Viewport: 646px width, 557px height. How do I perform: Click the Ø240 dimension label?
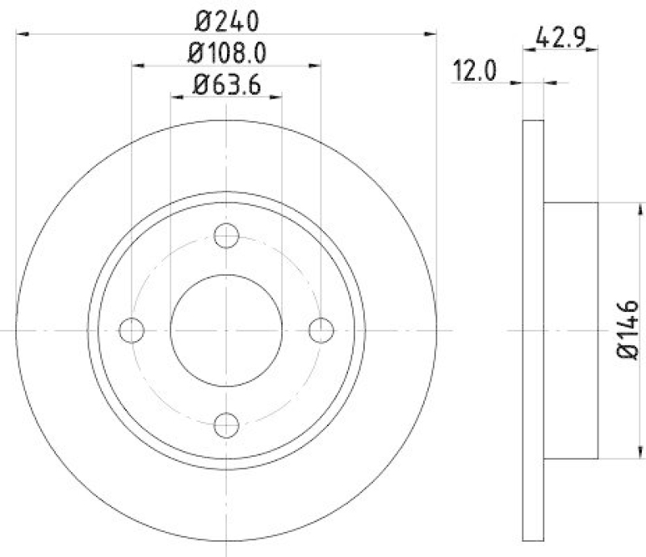(x=226, y=18)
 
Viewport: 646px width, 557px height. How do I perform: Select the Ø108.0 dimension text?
(x=227, y=53)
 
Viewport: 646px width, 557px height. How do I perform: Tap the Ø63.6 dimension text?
(x=227, y=83)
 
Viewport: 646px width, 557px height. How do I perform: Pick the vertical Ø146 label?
(x=628, y=330)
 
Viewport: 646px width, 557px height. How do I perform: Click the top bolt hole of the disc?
(x=226, y=236)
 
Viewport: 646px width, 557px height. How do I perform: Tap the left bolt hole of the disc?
(x=132, y=330)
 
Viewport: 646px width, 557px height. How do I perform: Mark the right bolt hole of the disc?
(x=321, y=330)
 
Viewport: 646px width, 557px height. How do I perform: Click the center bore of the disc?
(x=226, y=330)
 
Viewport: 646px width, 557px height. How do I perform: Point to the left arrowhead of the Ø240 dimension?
(x=23, y=33)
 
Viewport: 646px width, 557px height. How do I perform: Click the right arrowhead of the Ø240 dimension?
(x=430, y=33)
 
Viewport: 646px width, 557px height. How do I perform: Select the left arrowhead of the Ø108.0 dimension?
(x=137, y=65)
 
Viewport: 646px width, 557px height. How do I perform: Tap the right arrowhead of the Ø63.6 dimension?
(x=276, y=96)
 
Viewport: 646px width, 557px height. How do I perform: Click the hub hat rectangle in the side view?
(x=570, y=330)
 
